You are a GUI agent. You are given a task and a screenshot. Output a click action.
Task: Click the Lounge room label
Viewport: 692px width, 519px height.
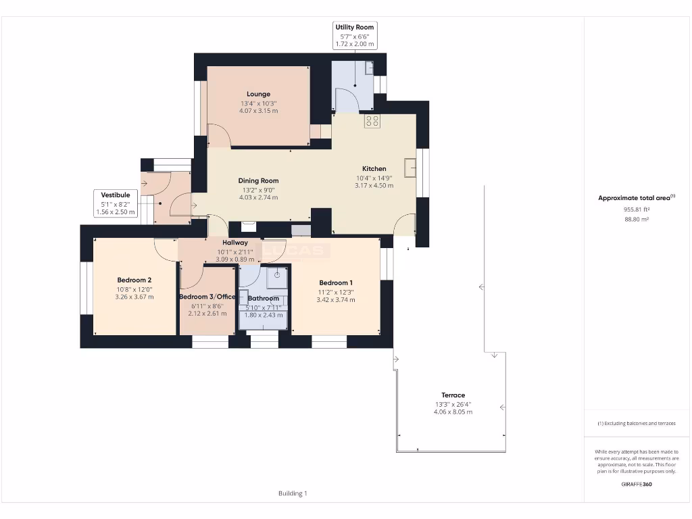click(258, 94)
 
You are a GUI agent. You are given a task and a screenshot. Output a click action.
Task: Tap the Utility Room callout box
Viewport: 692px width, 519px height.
click(355, 35)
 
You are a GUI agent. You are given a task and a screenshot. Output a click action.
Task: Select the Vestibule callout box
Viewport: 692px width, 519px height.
click(115, 203)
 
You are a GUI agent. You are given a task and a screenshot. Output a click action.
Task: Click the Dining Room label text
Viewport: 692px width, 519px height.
click(258, 180)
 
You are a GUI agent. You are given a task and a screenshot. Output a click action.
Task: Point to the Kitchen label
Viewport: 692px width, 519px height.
click(374, 169)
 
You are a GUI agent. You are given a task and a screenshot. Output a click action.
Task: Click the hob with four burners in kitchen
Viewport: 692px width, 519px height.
click(372, 121)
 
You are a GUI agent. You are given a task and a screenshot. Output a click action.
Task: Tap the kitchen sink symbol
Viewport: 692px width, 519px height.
click(410, 167)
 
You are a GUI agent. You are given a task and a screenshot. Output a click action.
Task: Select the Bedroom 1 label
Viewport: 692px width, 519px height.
click(335, 282)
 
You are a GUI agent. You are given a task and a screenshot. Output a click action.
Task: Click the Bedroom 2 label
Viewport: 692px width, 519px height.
click(134, 280)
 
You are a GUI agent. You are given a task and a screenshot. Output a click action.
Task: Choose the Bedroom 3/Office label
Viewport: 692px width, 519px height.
click(207, 297)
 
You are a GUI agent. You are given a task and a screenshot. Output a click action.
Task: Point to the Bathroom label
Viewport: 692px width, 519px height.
click(263, 298)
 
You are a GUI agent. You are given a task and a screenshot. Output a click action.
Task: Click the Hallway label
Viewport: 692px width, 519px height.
click(235, 242)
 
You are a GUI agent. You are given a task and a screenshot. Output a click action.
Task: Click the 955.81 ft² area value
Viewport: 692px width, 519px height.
click(637, 209)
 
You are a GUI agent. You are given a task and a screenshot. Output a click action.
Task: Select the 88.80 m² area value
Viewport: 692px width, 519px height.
click(637, 219)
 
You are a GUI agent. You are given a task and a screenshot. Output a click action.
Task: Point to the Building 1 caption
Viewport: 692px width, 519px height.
click(293, 493)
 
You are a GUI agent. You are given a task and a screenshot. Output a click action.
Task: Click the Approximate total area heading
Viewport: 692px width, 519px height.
click(636, 198)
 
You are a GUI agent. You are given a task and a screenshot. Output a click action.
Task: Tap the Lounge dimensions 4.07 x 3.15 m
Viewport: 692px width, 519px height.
click(258, 111)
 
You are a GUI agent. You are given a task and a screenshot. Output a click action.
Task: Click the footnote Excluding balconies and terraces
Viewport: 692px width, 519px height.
click(637, 424)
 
